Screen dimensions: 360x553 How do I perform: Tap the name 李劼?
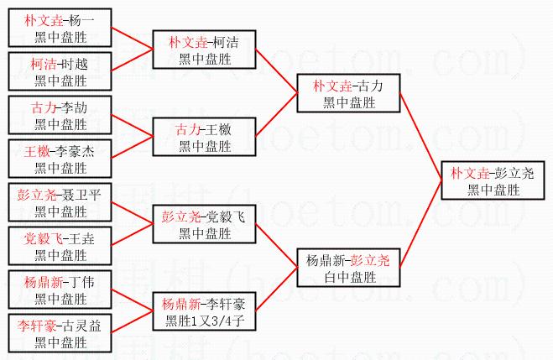coord(81,108)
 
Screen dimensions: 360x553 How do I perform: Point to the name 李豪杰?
coord(81,152)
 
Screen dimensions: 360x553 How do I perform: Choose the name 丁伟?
coord(81,282)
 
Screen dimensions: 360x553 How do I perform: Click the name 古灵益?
coord(81,326)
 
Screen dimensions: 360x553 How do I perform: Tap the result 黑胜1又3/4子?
coord(205,320)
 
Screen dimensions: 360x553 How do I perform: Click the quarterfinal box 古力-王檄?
coord(205,137)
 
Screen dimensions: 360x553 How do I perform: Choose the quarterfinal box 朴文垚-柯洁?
coord(205,50)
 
